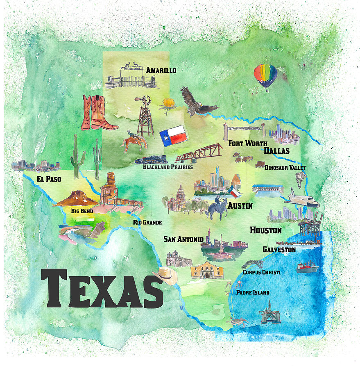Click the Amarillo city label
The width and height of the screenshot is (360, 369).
point(161,70)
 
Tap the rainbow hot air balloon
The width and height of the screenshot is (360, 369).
point(265,75)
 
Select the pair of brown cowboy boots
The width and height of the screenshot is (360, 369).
point(97,113)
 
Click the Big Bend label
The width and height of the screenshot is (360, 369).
point(82,211)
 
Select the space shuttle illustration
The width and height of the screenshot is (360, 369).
point(302,198)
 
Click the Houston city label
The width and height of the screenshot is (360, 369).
point(266,230)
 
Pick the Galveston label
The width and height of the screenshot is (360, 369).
point(279,249)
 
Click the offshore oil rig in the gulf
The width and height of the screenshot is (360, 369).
point(268,312)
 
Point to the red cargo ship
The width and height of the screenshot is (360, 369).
point(307,268)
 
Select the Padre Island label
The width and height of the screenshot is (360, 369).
point(253,292)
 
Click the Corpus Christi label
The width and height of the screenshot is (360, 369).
point(261,272)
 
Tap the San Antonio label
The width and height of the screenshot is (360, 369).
point(183,239)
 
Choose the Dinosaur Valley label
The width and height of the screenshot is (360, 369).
point(285,167)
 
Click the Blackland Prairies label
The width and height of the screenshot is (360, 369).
point(168,167)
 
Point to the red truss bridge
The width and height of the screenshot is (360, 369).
point(199,153)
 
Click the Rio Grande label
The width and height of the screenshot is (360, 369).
point(147,222)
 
